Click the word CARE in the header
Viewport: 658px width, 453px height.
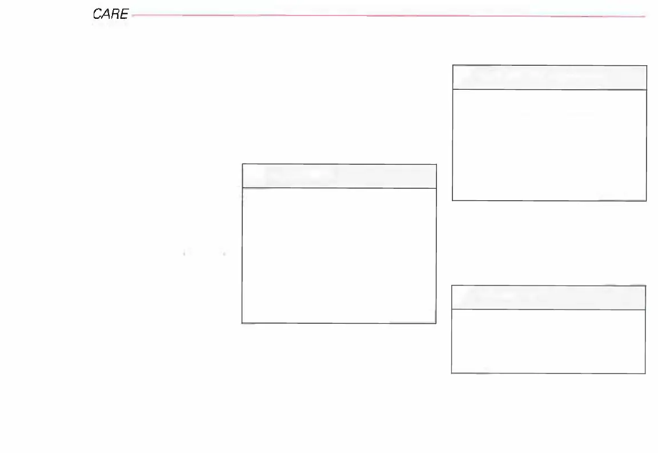110,14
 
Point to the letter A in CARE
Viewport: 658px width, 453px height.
106,14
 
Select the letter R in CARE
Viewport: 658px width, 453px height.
115,14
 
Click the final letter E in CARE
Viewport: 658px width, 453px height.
123,14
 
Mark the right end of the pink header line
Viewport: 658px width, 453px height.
645,16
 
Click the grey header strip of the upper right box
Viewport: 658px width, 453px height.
549,77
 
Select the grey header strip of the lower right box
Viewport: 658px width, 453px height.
548,297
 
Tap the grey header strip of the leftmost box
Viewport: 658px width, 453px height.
339,176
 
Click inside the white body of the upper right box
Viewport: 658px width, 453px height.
549,145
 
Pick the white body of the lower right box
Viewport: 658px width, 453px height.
548,341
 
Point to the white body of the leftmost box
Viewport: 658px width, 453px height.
339,255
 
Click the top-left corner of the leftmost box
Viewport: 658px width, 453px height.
242,165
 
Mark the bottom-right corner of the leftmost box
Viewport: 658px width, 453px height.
436,323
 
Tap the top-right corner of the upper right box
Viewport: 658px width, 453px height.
647,65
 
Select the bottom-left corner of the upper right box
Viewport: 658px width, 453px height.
452,200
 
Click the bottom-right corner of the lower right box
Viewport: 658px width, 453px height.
645,373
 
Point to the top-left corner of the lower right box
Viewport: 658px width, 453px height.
452,285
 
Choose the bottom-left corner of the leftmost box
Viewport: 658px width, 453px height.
242,323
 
